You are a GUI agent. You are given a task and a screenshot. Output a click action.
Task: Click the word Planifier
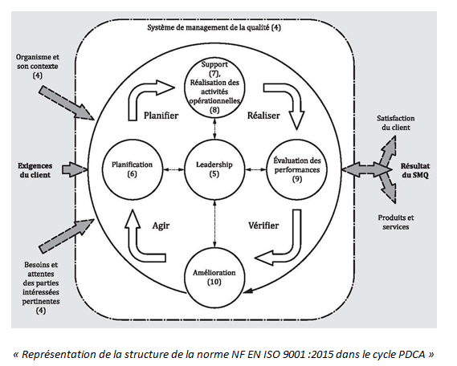pyautogui.click(x=161, y=116)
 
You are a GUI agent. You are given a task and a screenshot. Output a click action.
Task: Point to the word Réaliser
pyautogui.click(x=263, y=116)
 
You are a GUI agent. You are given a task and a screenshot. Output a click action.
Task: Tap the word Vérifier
pyautogui.click(x=263, y=226)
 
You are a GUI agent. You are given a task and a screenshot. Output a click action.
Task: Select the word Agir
pyautogui.click(x=161, y=226)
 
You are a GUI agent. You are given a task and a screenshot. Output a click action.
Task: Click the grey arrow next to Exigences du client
pyautogui.click(x=75, y=169)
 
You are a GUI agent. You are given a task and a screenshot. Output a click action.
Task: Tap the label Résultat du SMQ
pyautogui.click(x=415, y=170)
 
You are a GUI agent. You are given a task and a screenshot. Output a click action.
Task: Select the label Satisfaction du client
pyautogui.click(x=395, y=123)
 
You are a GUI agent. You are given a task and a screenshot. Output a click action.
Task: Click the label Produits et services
pyautogui.click(x=396, y=222)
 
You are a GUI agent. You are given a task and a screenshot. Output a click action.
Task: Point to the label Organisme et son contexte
pyautogui.click(x=37, y=66)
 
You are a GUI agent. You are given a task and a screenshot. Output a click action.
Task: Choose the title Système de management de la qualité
pyautogui.click(x=214, y=27)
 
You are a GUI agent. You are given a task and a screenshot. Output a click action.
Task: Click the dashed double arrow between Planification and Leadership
pyautogui.click(x=173, y=169)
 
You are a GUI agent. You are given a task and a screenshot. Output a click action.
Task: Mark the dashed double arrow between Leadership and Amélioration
pyautogui.click(x=214, y=223)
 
